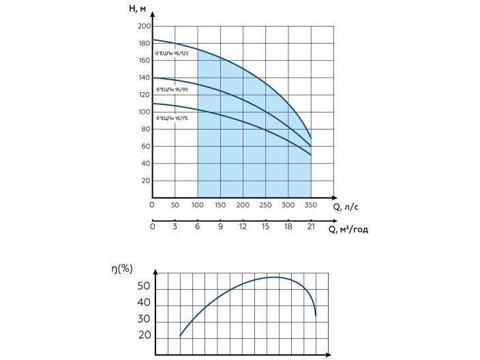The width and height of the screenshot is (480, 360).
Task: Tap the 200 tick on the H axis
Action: click(144, 26)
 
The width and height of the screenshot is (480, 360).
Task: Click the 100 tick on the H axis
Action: click(144, 112)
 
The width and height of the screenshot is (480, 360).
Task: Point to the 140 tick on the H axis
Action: click(144, 78)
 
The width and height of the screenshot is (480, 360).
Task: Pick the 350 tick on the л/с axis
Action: click(311, 205)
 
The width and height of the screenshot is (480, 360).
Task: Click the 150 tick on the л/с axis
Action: click(220, 205)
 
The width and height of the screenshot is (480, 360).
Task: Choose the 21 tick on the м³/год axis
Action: click(311, 227)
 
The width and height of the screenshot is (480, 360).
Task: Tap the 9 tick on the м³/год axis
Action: click(220, 227)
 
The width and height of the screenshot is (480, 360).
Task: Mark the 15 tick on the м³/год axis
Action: click(266, 227)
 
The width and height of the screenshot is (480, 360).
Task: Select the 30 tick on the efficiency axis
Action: click(143, 319)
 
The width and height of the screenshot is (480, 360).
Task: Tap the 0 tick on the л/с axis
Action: click(152, 205)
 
